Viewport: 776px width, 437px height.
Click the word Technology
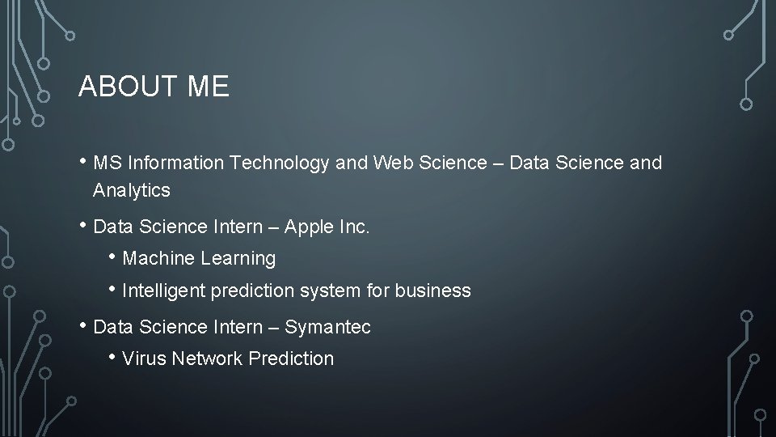280,163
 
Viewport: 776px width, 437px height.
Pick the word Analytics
132,191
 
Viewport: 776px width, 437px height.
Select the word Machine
158,259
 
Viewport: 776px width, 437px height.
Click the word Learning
238,259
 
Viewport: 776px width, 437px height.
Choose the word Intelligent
163,291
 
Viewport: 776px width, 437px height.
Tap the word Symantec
327,327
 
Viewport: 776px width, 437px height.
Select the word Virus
141,359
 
